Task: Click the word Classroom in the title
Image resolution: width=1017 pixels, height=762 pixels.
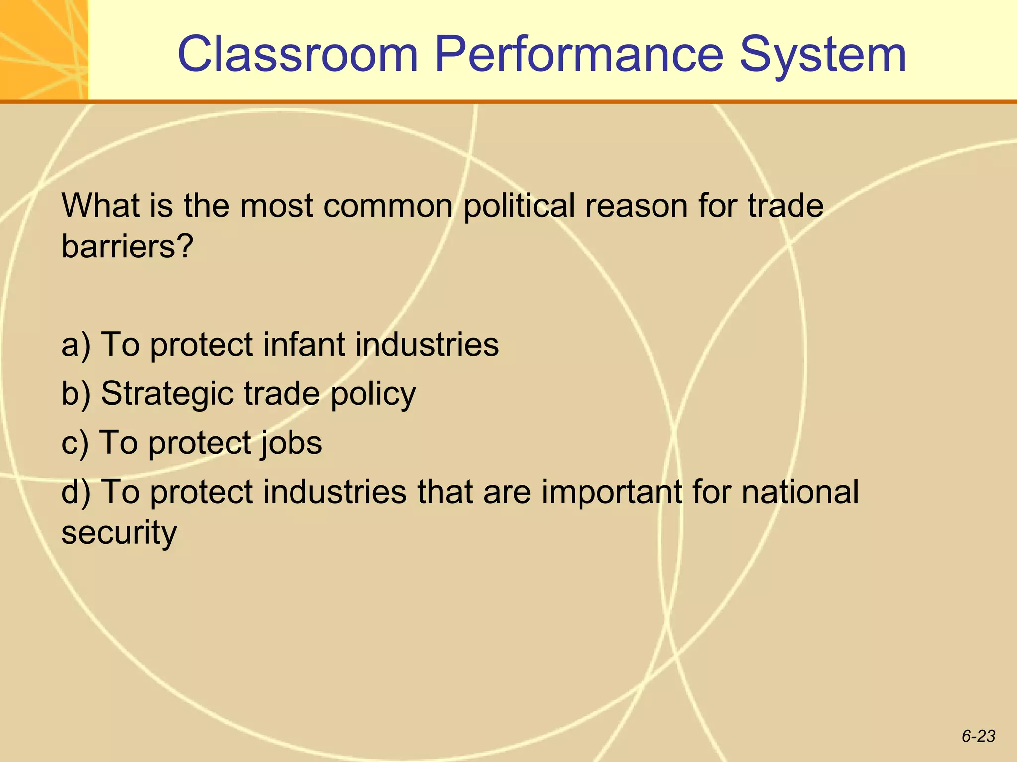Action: pos(298,55)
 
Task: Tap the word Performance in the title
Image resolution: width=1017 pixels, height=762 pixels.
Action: pos(579,55)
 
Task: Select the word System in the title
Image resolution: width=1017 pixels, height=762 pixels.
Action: pos(823,55)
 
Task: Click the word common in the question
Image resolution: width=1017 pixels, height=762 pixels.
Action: pos(388,206)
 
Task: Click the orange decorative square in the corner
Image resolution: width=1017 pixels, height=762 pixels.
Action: pos(44,50)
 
